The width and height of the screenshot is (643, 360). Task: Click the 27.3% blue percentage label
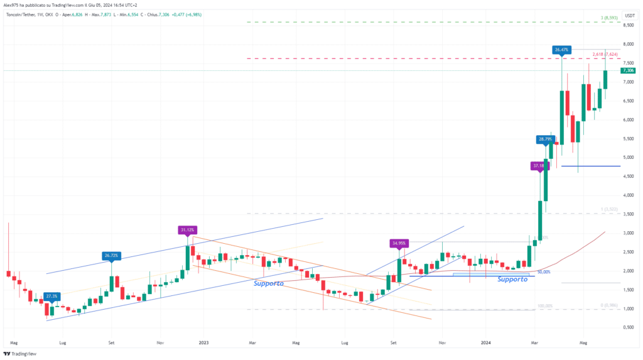click(52, 295)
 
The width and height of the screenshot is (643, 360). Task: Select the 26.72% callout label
click(111, 256)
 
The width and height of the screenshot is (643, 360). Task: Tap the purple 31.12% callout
click(186, 230)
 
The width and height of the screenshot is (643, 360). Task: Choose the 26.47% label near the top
click(561, 49)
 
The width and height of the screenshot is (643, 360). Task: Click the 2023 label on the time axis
click(203, 343)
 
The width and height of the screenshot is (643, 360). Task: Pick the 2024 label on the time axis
click(487, 343)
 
